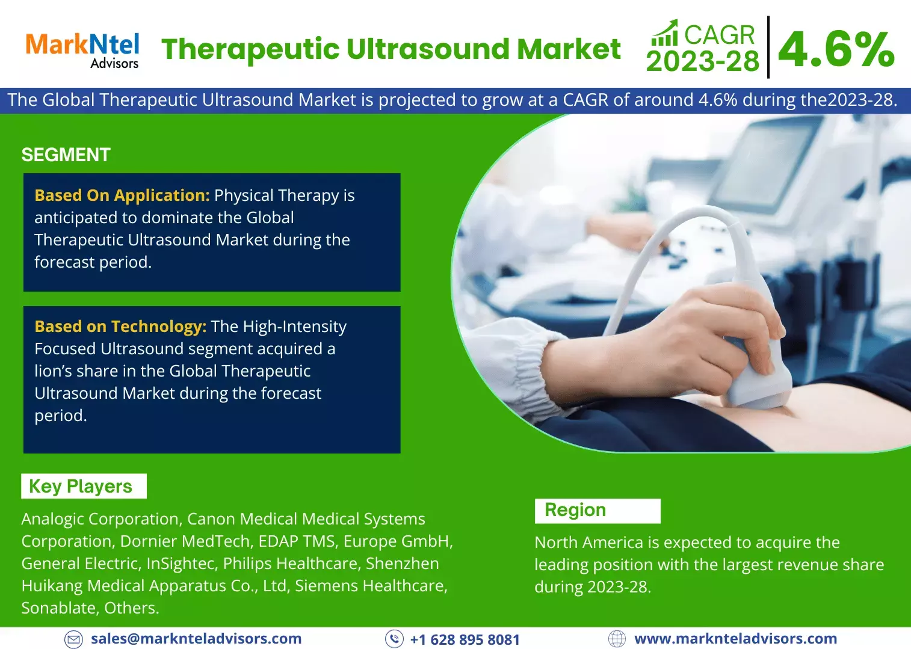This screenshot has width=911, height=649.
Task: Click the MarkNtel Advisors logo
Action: (x=82, y=51)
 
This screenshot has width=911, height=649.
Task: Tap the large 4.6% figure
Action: (x=836, y=49)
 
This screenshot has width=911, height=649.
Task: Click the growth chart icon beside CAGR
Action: (x=664, y=33)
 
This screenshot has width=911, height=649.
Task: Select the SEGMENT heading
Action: (x=66, y=155)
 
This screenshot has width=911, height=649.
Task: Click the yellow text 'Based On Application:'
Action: (x=122, y=195)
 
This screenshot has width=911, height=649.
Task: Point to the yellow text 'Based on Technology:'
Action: (x=120, y=326)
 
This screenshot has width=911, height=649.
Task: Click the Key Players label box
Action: (x=84, y=486)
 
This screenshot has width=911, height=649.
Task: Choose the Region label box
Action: (x=598, y=511)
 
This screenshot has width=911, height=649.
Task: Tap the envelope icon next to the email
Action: (x=73, y=639)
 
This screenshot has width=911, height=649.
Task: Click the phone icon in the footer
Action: (x=394, y=639)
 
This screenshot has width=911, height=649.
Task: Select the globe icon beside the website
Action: (x=617, y=639)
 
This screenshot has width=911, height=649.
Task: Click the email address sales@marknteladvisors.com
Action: (x=196, y=639)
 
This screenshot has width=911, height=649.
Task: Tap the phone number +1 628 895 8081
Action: (x=465, y=639)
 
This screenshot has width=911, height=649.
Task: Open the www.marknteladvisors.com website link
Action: (x=735, y=639)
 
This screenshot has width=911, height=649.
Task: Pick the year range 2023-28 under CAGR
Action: (x=703, y=61)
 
